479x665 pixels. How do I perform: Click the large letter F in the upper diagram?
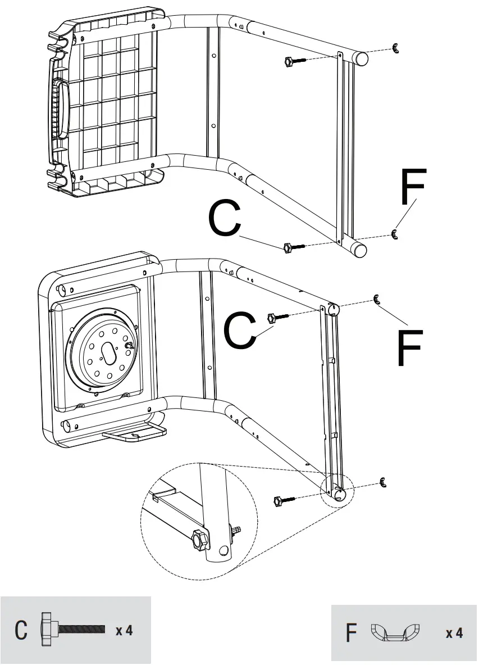[413, 187]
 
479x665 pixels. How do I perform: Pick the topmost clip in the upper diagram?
[396, 49]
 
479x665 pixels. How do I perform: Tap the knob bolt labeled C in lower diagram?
[279, 317]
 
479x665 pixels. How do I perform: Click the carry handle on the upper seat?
[57, 108]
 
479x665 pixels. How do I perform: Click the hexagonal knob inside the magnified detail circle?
[198, 540]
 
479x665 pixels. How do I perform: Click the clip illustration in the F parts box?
[396, 632]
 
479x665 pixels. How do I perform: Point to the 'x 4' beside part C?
[124, 630]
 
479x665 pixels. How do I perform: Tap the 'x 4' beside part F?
[454, 634]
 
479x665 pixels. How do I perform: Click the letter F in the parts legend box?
[352, 634]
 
